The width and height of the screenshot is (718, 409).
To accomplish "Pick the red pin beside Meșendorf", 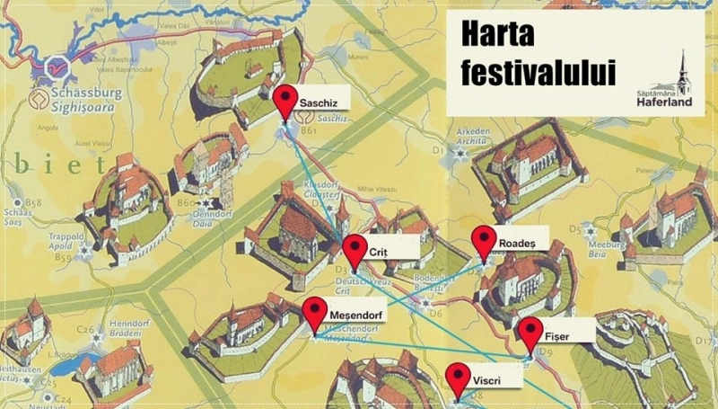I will pyautogui.click(x=314, y=312).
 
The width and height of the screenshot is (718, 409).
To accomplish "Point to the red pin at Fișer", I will pyautogui.click(x=530, y=332).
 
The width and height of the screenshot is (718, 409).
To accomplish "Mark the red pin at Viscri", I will pyautogui.click(x=459, y=377).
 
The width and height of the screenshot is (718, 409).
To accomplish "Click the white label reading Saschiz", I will pyautogui.click(x=319, y=102).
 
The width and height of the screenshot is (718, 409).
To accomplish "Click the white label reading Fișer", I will pyautogui.click(x=557, y=335).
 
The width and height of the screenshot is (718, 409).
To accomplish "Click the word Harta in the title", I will pyautogui.click(x=498, y=34).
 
